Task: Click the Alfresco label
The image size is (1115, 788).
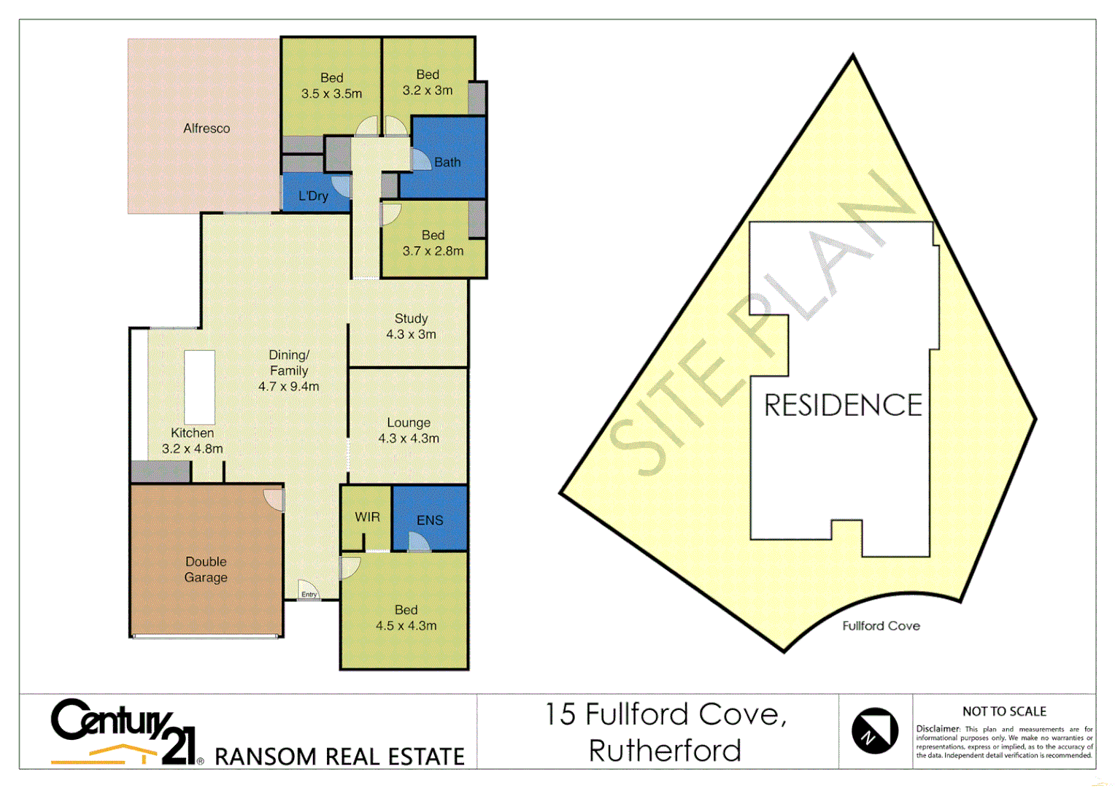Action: (x=207, y=128)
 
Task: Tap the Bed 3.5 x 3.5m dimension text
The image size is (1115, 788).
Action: (x=331, y=93)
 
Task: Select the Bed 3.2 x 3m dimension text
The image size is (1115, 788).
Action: (x=428, y=90)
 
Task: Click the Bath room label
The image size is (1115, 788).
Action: (x=447, y=162)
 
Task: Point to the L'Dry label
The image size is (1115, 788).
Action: (x=313, y=196)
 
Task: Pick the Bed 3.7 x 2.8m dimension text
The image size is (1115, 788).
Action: (x=433, y=251)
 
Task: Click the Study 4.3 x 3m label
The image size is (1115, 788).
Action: (x=411, y=326)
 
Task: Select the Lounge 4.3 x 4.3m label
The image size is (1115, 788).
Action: (x=409, y=430)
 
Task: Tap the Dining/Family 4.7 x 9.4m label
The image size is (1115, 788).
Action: (x=289, y=371)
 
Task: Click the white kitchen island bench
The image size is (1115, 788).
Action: (x=199, y=387)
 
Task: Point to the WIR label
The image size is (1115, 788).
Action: (x=367, y=517)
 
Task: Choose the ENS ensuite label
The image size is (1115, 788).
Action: (x=430, y=520)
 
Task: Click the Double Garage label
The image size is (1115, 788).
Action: (x=206, y=569)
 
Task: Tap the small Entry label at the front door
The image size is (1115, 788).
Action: (x=309, y=595)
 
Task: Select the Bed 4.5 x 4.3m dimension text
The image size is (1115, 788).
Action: (x=406, y=625)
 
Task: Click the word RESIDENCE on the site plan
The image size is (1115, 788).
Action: (x=843, y=405)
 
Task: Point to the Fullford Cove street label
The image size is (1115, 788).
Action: (x=881, y=626)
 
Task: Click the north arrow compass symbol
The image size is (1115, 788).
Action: (x=875, y=730)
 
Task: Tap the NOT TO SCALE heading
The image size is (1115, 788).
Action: (x=1004, y=711)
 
